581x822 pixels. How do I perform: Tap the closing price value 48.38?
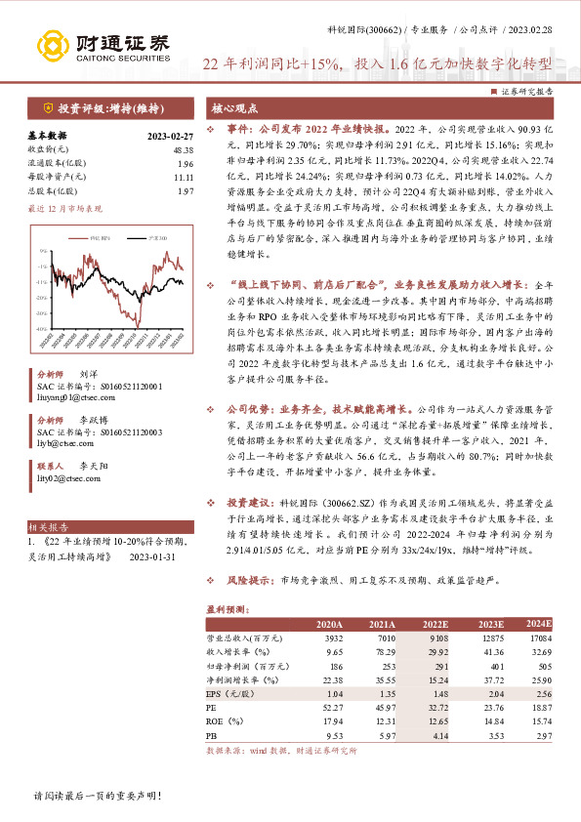point(182,150)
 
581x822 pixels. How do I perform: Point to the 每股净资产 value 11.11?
point(183,178)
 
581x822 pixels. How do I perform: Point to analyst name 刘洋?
point(89,374)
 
